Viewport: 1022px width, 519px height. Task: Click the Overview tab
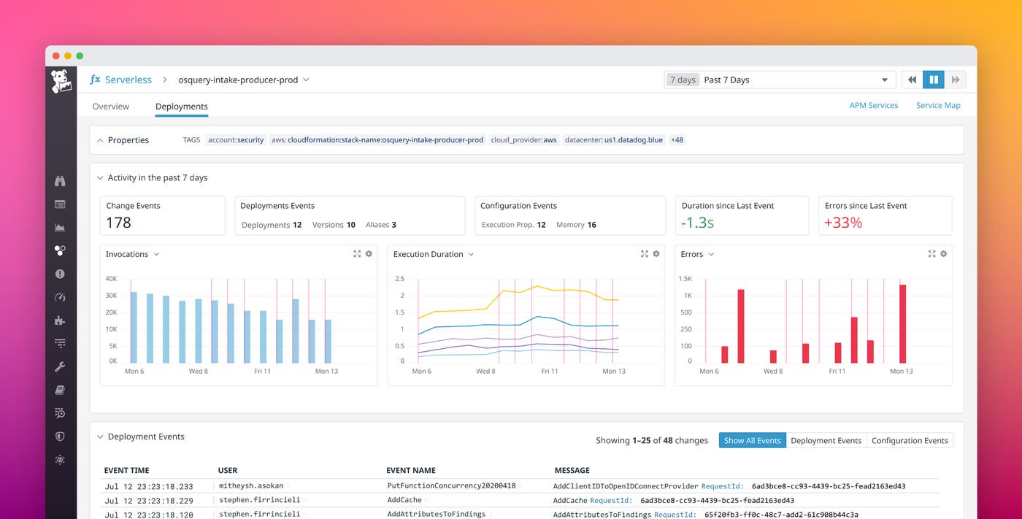(110, 107)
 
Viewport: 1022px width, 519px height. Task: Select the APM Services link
(873, 105)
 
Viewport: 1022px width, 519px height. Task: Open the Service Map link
(938, 105)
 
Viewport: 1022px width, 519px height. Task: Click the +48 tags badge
(677, 140)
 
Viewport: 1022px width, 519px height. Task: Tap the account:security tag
(235, 140)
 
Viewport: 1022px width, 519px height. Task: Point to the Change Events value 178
(118, 223)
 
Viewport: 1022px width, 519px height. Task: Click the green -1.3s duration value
(697, 223)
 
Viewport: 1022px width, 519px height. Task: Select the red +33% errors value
(843, 223)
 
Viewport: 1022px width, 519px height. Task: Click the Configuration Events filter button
(910, 440)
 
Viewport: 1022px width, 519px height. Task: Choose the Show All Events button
(752, 440)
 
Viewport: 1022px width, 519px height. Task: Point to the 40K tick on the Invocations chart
(111, 279)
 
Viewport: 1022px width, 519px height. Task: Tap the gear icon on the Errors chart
(943, 254)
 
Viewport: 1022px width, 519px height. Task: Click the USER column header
(228, 470)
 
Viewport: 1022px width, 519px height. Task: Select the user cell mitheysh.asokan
(250, 485)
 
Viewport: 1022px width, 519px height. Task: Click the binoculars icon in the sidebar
(60, 181)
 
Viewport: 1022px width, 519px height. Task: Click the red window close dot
(56, 55)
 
